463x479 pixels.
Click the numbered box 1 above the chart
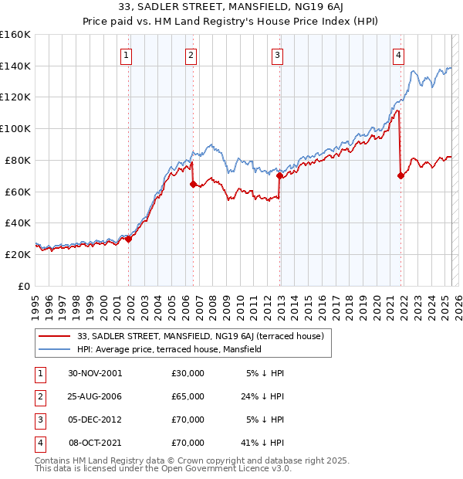pos(126,55)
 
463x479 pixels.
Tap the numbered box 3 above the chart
pos(277,55)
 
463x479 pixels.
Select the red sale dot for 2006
pos(193,184)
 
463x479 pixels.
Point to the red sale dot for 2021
pos(400,175)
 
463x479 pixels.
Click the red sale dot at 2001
pos(129,239)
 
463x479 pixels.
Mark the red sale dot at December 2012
pos(279,175)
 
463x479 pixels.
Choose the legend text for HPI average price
pos(169,349)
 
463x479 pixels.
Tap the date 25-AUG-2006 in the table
pos(95,396)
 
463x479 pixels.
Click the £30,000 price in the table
pos(188,373)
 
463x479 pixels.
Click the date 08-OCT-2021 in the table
pos(95,443)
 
